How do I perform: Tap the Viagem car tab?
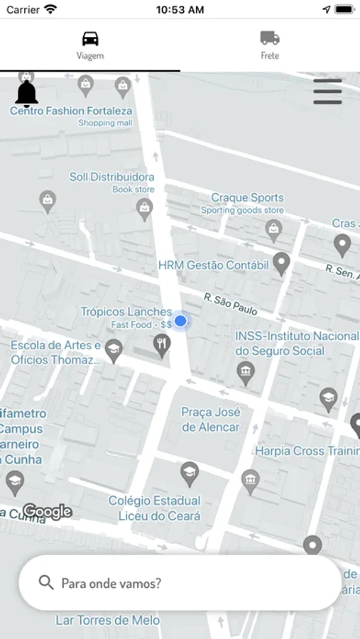point(90,45)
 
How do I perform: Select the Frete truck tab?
point(270,45)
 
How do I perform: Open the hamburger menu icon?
point(327,92)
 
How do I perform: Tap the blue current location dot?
point(180,321)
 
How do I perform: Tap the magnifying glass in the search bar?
point(46,583)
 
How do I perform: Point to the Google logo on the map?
point(47,511)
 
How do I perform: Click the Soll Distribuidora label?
point(111,177)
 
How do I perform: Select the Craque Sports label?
point(247,197)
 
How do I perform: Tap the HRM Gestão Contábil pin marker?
point(282,263)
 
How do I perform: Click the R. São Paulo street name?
point(230,304)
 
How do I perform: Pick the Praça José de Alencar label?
point(211,420)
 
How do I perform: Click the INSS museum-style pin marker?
point(246,372)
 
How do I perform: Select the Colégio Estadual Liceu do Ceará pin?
point(189,472)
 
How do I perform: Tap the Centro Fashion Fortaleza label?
point(71,111)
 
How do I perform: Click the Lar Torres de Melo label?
point(108,620)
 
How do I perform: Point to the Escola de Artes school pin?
point(114,349)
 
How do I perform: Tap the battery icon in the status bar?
point(344,9)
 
